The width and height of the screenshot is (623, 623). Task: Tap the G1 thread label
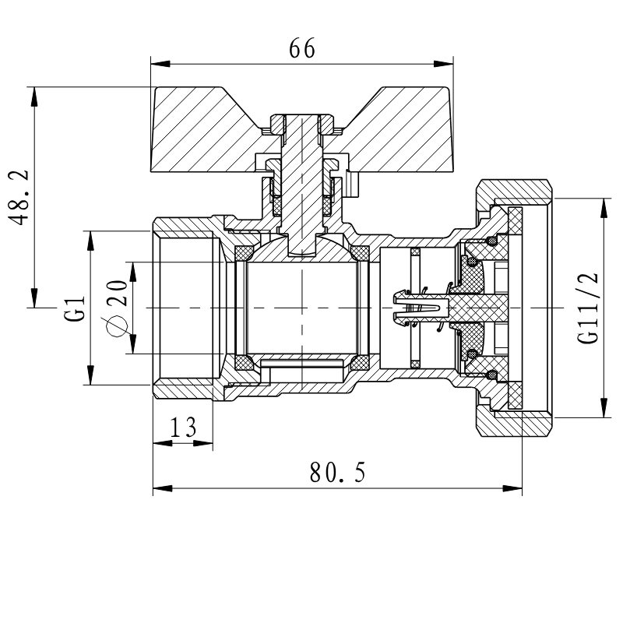74,308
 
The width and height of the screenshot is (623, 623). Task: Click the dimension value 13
183,427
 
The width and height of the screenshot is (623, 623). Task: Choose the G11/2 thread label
589,308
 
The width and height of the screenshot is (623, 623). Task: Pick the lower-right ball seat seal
360,363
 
